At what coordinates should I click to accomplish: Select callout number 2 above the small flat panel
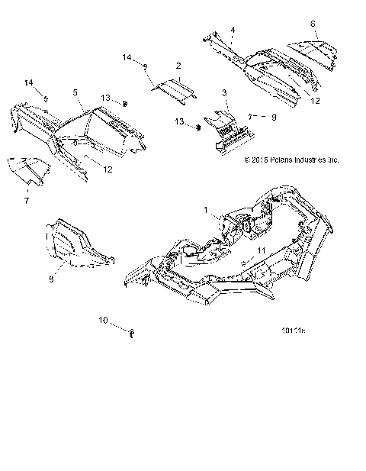tap(178, 66)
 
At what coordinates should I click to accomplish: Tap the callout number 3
tap(224, 92)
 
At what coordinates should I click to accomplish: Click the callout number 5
tap(75, 92)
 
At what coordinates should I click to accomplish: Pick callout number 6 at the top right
tap(313, 24)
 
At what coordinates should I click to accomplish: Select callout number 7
tap(27, 199)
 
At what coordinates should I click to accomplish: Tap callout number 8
tap(51, 280)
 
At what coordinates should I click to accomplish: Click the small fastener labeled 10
tap(133, 331)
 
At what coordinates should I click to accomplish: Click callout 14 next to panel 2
tap(127, 57)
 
